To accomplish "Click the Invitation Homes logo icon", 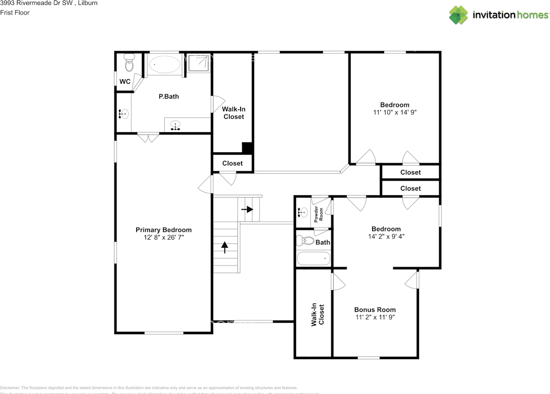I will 458,15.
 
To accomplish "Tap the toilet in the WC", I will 129,64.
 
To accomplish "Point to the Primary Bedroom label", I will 164,230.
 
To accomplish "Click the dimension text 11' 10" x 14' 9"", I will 394,112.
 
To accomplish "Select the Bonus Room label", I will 375,309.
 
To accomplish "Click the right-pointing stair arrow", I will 247,209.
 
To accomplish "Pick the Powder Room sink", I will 302,212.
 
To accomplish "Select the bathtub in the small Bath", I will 314,259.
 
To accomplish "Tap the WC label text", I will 125,82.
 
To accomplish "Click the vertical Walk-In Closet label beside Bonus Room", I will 318,315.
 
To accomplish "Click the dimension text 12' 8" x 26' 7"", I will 164,237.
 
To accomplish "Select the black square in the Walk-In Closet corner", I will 247,147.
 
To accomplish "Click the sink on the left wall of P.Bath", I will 124,114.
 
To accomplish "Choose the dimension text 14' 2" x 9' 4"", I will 386,236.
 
